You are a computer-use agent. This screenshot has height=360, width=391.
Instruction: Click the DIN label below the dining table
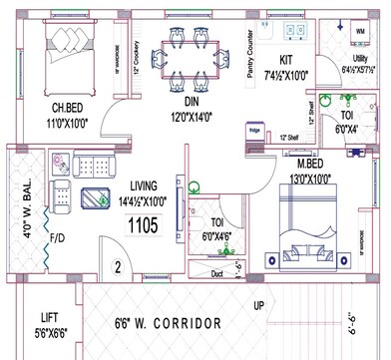193,102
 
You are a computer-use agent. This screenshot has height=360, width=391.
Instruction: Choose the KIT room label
285,60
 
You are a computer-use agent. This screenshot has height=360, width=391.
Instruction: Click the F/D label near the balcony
58,239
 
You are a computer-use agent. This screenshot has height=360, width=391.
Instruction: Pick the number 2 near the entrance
117,267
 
